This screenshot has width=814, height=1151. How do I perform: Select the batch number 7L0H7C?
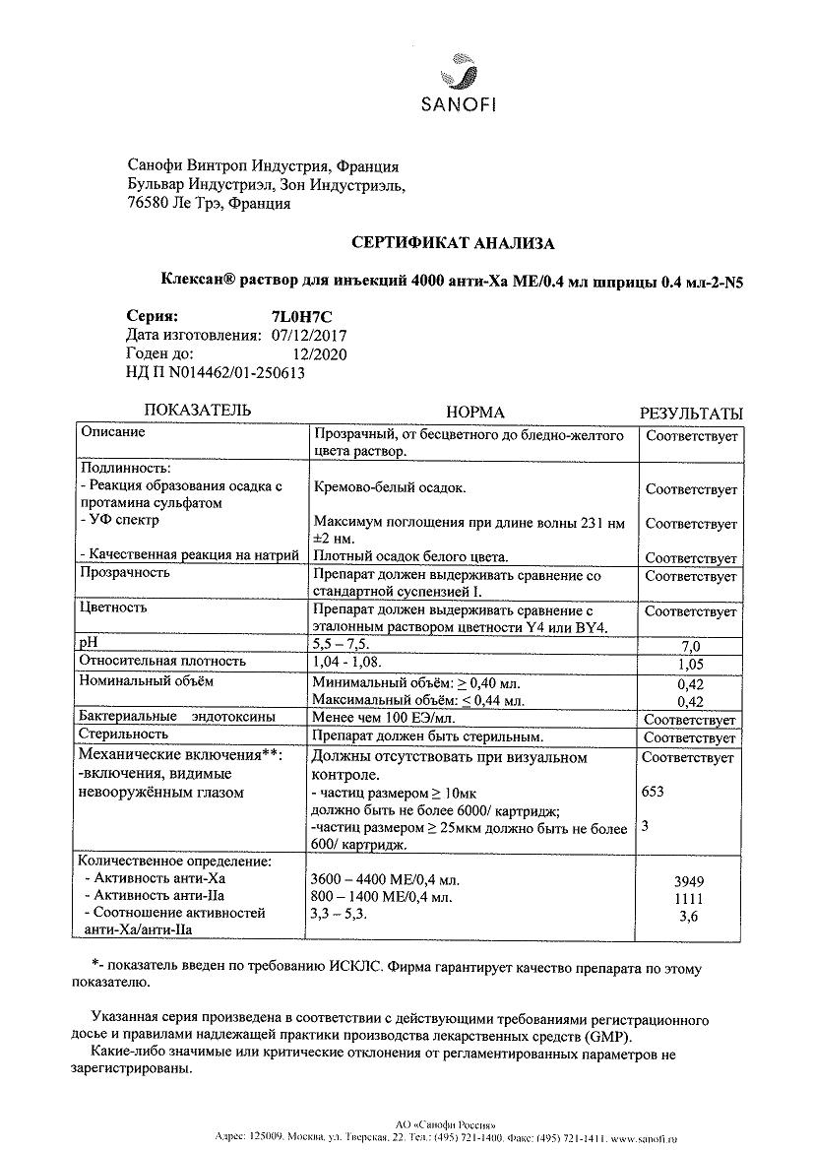click(300, 317)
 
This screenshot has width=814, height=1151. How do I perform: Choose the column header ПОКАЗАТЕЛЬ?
click(198, 411)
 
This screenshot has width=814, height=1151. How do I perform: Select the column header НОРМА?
click(475, 412)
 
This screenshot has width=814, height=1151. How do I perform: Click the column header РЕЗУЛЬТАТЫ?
click(691, 414)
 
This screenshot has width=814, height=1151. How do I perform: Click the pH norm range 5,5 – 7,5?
click(340, 643)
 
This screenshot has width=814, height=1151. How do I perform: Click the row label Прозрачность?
click(125, 572)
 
